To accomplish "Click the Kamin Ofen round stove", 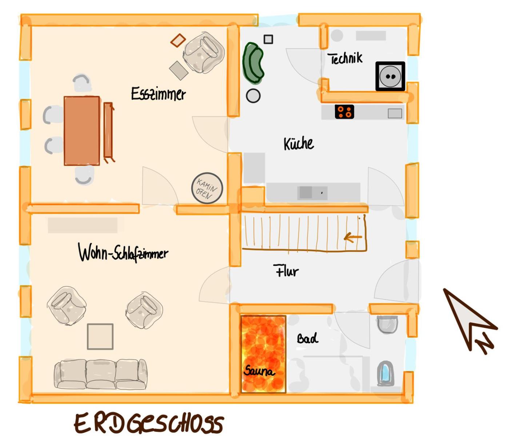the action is [x=207, y=188].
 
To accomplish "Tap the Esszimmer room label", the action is [x=158, y=94].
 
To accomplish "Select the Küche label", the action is [x=298, y=143].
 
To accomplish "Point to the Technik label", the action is [x=345, y=58].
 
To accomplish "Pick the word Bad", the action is [x=307, y=338].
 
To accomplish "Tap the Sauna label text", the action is [x=259, y=371].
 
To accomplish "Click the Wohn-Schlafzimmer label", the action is [x=123, y=252].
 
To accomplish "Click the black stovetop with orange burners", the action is [x=344, y=111].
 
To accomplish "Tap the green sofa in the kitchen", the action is [x=253, y=62].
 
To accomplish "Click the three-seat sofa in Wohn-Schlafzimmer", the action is [x=101, y=374].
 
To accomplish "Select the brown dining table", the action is [x=82, y=131].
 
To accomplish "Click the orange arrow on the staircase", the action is [x=353, y=237].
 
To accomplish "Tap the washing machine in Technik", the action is [x=390, y=76].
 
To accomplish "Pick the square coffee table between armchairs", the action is [x=100, y=336].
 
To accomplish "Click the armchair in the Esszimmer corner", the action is [x=204, y=52].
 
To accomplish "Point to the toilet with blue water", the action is [x=385, y=373].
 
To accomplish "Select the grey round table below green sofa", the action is [x=253, y=96].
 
